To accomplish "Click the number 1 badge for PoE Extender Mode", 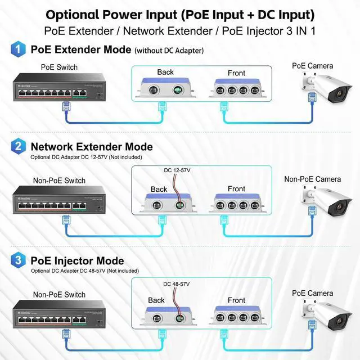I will pos(19,49).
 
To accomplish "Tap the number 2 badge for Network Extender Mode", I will pos(19,147).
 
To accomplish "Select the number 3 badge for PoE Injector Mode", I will pos(19,261).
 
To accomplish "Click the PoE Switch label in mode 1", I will pos(59,67).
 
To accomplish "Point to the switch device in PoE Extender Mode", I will pos(59,86).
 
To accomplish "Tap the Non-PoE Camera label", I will pos(312,179).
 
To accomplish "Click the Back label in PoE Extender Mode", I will pos(165,72).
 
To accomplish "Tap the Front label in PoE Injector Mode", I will pos(236,300).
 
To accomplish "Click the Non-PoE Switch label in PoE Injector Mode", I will pos(59,294).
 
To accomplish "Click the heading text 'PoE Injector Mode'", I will pos(77,261).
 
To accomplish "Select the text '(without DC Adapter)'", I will pos(169,51).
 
